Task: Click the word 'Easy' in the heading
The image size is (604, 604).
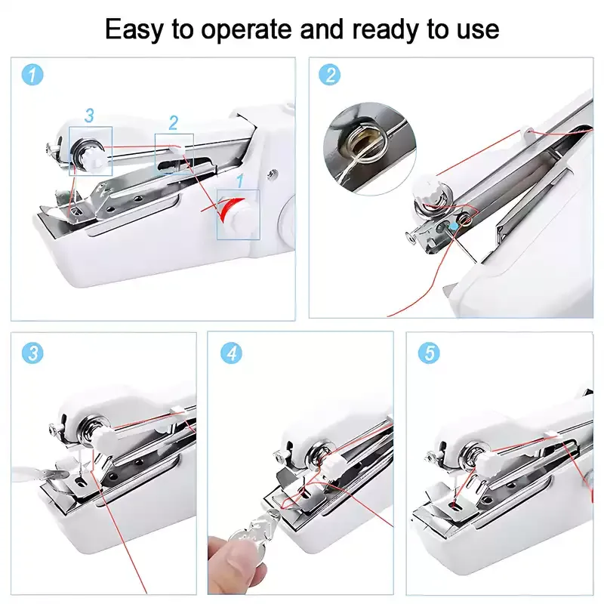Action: point(134,30)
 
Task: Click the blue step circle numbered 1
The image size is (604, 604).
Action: point(32,74)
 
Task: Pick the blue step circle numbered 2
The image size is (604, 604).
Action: point(330,74)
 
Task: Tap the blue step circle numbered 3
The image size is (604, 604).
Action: point(32,353)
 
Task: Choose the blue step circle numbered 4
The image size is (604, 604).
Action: point(231,353)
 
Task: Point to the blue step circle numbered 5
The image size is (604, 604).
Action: point(429,353)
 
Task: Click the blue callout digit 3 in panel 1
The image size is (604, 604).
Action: point(89,116)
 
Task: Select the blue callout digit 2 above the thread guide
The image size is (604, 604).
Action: point(174,123)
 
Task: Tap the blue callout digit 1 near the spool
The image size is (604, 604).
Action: point(240,180)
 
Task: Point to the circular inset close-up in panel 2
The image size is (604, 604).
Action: point(369,149)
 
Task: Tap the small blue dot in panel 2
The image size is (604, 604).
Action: point(455,226)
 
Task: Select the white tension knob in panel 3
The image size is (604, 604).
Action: point(103,437)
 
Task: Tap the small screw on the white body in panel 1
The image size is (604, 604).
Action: point(273,174)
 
